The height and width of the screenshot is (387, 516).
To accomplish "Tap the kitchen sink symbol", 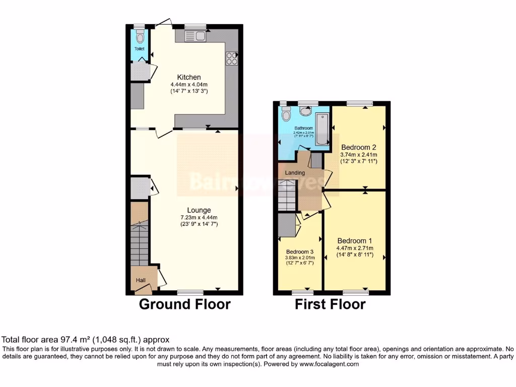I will point(195,35).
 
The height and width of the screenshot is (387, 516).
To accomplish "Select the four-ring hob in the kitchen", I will point(232,58).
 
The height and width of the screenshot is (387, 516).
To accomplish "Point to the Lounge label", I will point(199,210).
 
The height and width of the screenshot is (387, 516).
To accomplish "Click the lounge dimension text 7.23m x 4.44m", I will point(199,217).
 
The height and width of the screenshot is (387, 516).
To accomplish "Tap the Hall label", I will point(140,280).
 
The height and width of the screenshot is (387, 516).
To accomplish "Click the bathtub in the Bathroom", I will point(321,130).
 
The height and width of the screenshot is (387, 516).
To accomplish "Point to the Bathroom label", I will point(304,128).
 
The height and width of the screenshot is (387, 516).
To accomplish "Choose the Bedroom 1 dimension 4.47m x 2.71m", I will point(355,248).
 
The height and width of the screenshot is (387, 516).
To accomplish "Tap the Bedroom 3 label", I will point(300,252).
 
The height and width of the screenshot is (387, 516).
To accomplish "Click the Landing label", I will point(295,173).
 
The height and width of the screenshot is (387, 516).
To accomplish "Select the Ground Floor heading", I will point(184,304).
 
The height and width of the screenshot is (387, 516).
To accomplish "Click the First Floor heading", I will point(330,304).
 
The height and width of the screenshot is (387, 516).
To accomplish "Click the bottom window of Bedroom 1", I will point(356,292).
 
